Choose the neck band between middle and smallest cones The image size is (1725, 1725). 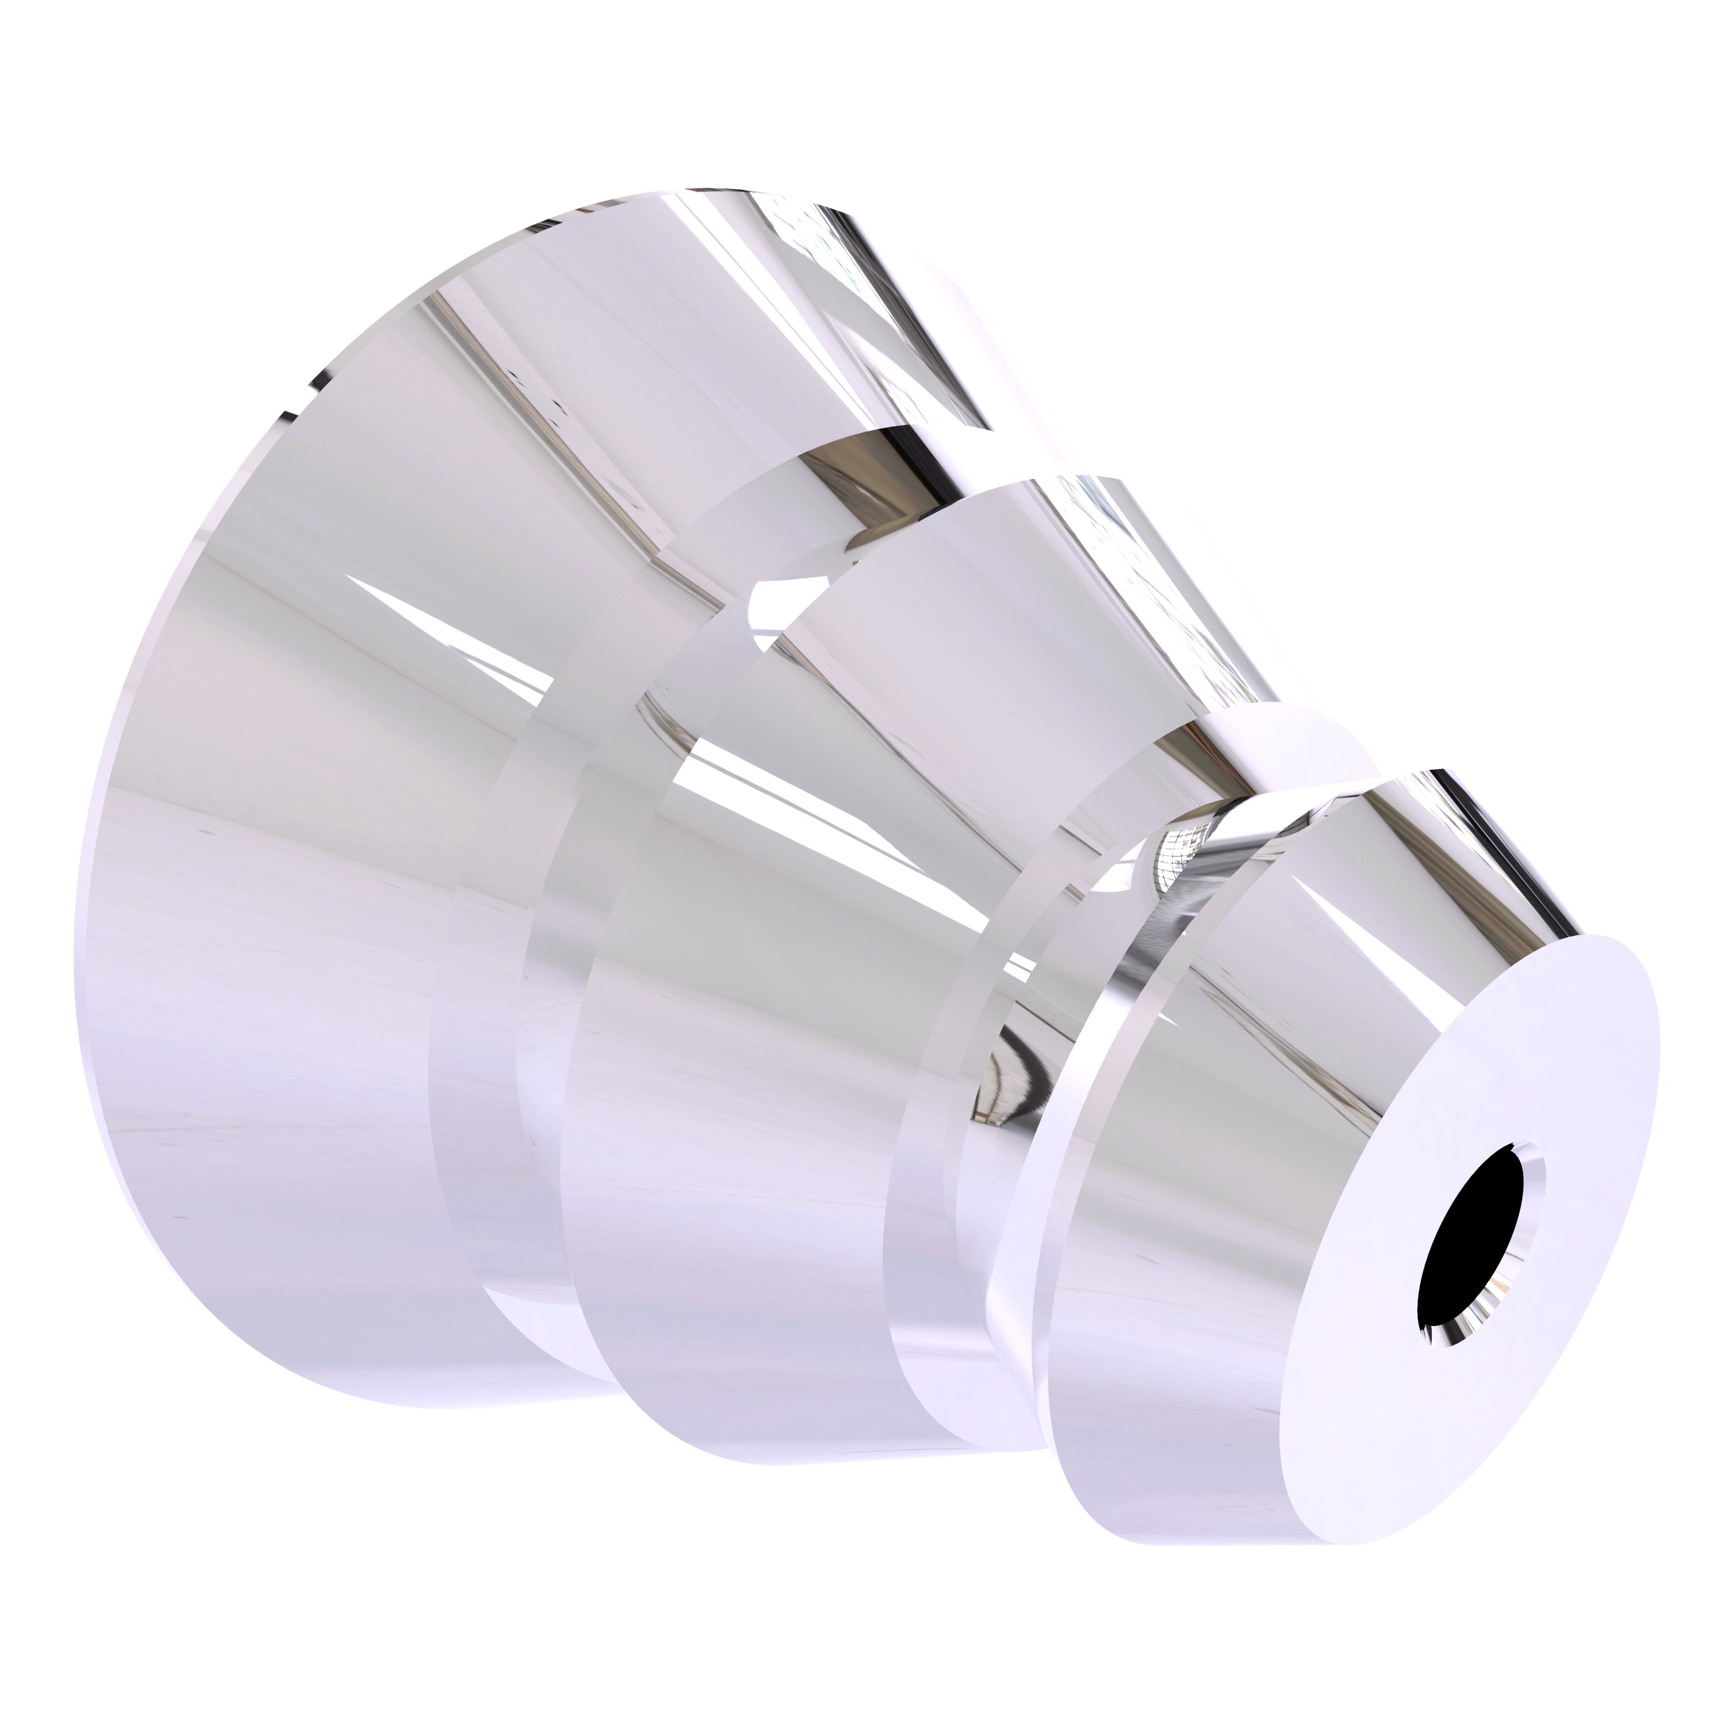(937, 1116)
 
